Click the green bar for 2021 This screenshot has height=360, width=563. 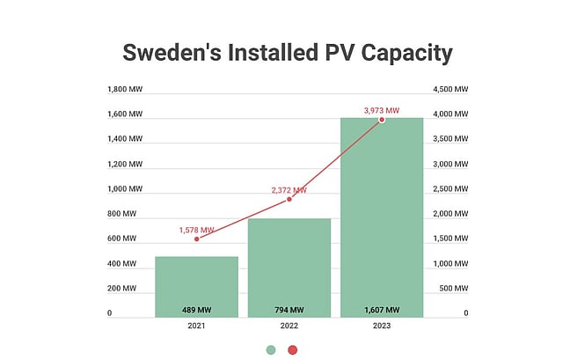(196, 282)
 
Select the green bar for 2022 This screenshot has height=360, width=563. (289, 264)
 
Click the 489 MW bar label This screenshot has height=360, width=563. (196, 310)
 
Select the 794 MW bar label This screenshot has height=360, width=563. (289, 310)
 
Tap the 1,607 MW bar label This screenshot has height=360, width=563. (381, 310)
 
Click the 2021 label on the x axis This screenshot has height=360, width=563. (196, 326)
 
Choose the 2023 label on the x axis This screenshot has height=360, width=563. (381, 326)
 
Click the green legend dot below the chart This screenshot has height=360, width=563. (272, 349)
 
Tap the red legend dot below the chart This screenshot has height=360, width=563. (292, 349)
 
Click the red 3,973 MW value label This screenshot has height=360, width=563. (381, 110)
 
